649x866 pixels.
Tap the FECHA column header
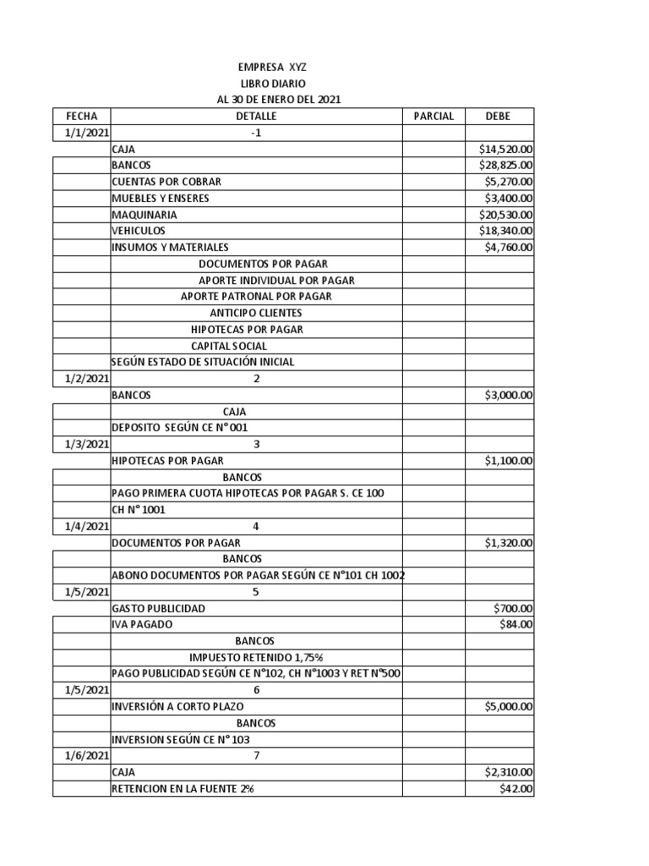(x=81, y=116)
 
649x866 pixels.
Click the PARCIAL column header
(x=434, y=116)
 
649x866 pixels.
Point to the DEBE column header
(x=498, y=116)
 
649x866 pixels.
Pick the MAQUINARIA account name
(x=145, y=215)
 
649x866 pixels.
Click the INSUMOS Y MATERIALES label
(x=170, y=248)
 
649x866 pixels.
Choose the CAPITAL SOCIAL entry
(x=229, y=346)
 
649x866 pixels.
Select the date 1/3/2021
(x=86, y=444)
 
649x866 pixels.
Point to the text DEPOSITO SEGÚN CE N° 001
(x=180, y=428)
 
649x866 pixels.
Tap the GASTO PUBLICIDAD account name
(x=158, y=608)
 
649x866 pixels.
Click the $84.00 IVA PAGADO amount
(x=516, y=624)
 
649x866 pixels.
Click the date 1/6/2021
(x=86, y=755)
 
